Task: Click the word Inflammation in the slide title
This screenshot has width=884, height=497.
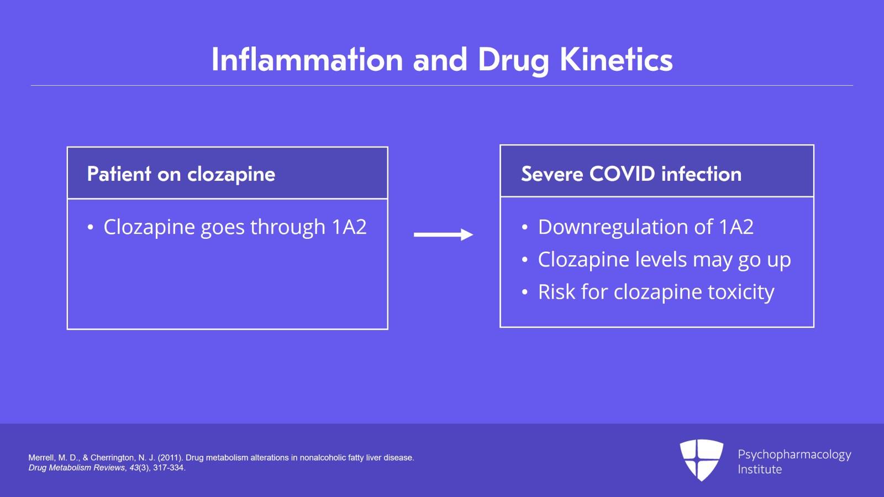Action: (x=307, y=60)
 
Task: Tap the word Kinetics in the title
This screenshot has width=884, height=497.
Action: (x=616, y=60)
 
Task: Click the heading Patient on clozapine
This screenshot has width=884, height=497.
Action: (x=181, y=174)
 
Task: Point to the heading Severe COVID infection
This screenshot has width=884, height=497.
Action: (x=631, y=174)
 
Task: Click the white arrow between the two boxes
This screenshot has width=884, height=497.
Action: (x=443, y=235)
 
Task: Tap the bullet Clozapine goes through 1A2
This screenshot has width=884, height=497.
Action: (x=235, y=227)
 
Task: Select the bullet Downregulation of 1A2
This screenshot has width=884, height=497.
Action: (x=645, y=227)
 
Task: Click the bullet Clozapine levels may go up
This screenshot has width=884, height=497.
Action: (x=664, y=260)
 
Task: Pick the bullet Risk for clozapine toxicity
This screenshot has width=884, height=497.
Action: (x=656, y=292)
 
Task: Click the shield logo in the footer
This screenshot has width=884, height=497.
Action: (x=701, y=459)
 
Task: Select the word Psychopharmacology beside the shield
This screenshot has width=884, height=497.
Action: (x=794, y=454)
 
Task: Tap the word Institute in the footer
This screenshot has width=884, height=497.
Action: (x=760, y=469)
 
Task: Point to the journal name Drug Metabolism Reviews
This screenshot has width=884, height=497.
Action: (x=77, y=468)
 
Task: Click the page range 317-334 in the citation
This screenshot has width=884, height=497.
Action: (x=168, y=468)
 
